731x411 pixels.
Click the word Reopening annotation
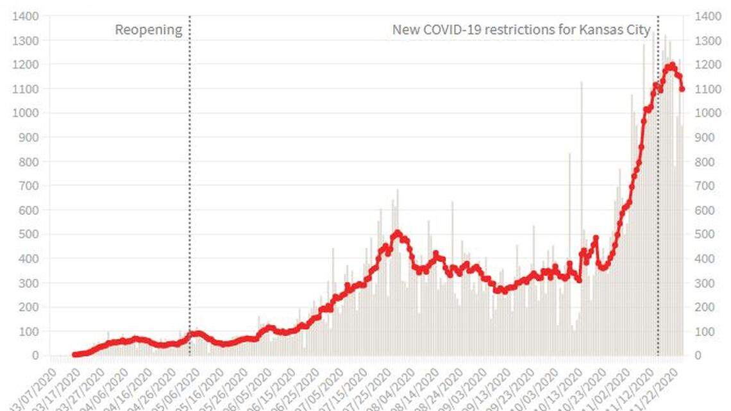tap(148, 29)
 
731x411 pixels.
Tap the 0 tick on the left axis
tap(36, 355)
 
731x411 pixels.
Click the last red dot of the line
tap(682, 89)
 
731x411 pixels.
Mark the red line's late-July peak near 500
tap(398, 233)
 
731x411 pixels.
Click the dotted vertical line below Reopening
tap(190, 192)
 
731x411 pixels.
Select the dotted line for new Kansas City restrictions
tap(658, 192)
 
